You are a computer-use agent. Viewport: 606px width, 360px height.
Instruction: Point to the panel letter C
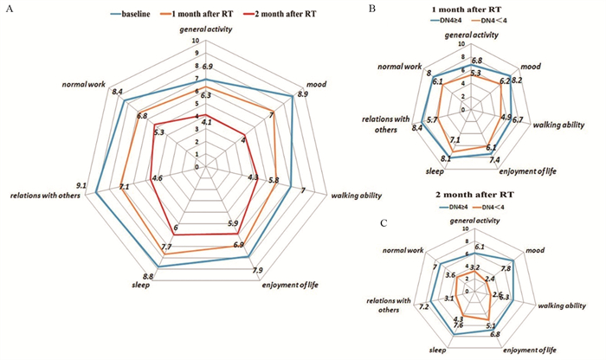(x=385, y=223)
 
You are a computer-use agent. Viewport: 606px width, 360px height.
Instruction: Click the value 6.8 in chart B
(x=476, y=61)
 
